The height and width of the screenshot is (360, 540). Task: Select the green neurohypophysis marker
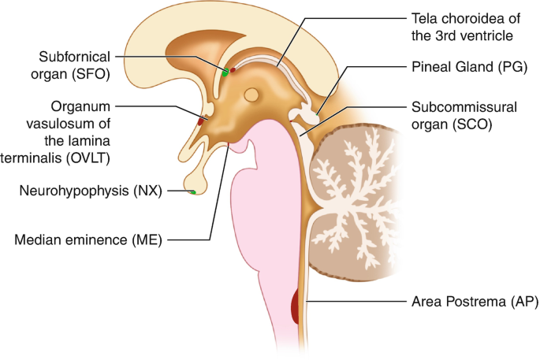pos(192,191)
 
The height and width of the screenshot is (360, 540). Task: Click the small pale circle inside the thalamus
pos(251,96)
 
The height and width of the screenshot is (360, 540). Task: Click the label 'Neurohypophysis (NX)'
pos(91,190)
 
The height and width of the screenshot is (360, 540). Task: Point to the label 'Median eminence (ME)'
pos(88,239)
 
